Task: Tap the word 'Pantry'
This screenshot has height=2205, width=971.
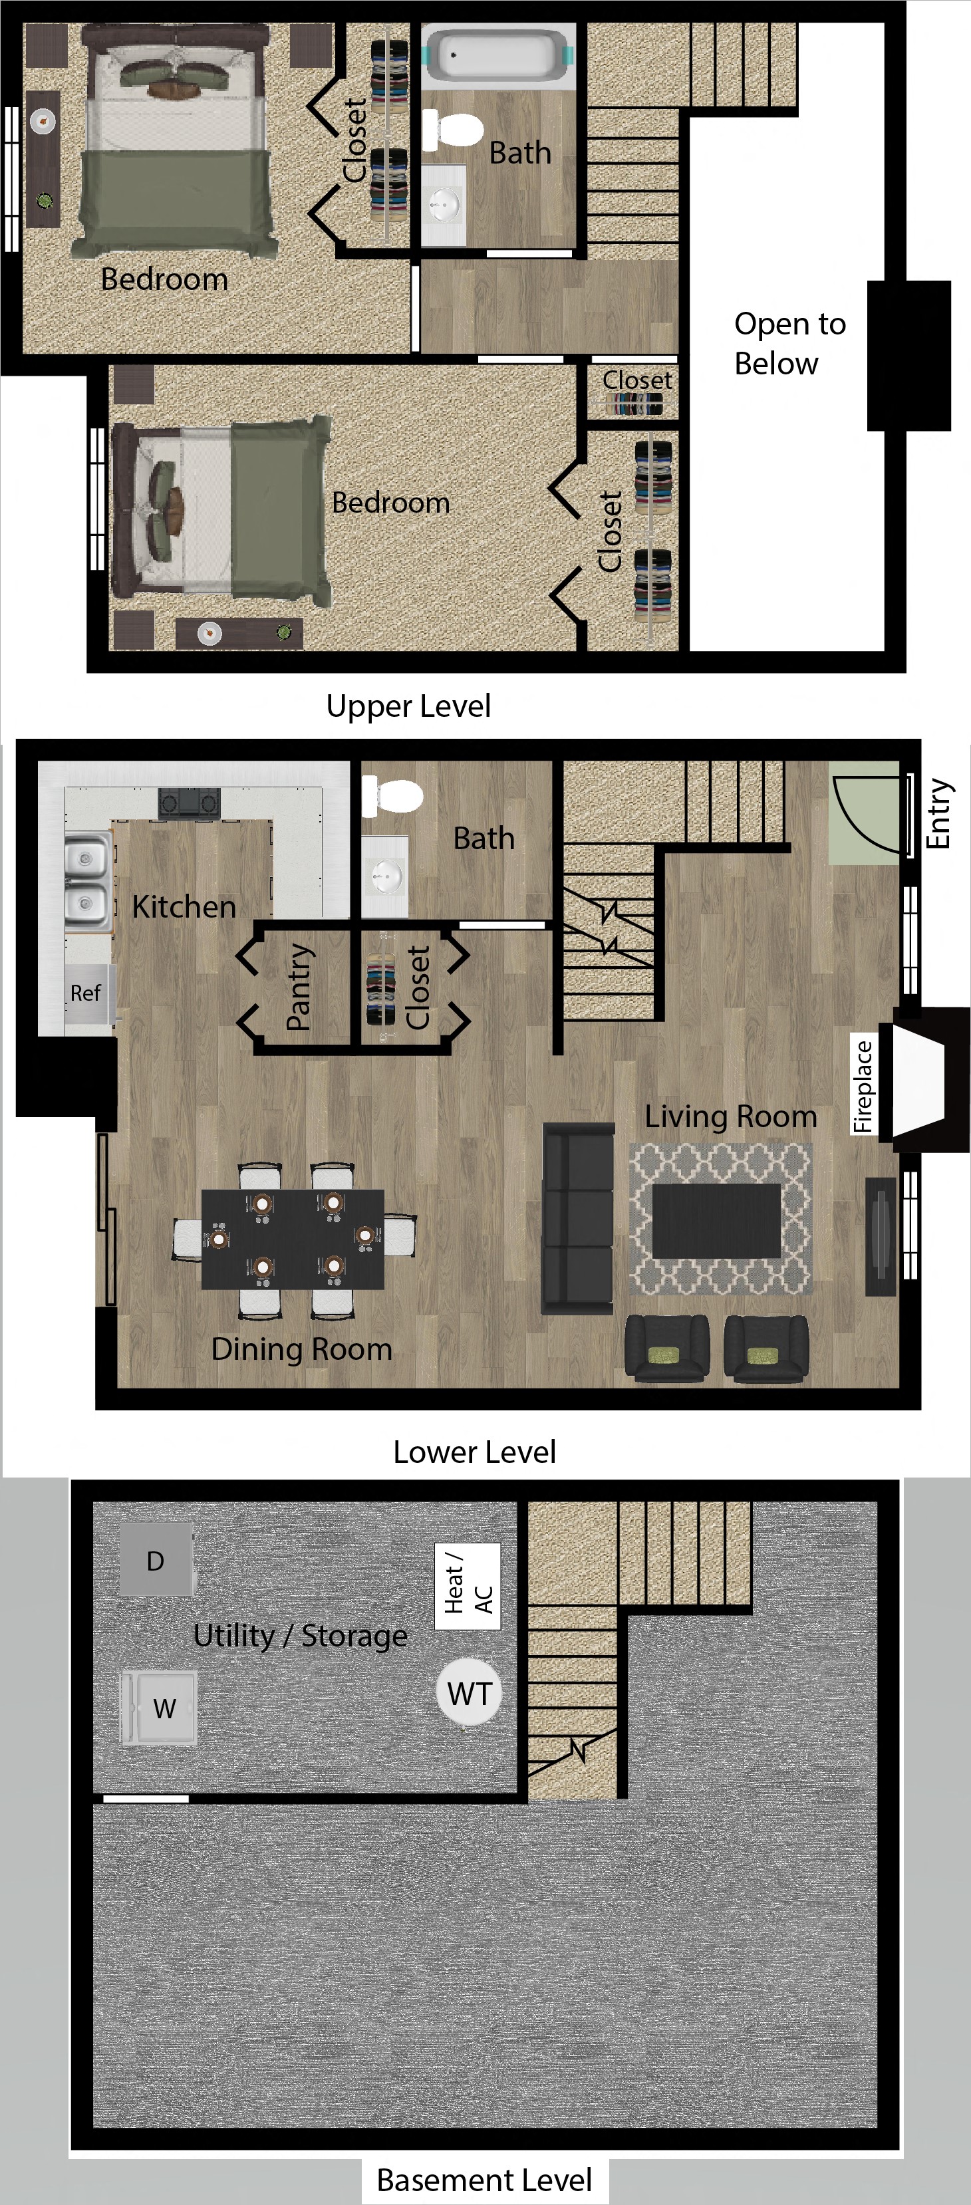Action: click(299, 986)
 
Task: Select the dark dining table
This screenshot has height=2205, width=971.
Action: click(293, 1237)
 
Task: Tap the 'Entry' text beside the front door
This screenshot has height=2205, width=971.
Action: click(938, 813)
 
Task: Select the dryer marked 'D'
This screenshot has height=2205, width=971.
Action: click(156, 1561)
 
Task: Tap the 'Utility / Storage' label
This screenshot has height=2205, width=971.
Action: click(301, 1635)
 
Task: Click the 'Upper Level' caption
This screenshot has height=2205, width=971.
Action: click(408, 706)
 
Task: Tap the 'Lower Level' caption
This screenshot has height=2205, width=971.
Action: click(474, 1452)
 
